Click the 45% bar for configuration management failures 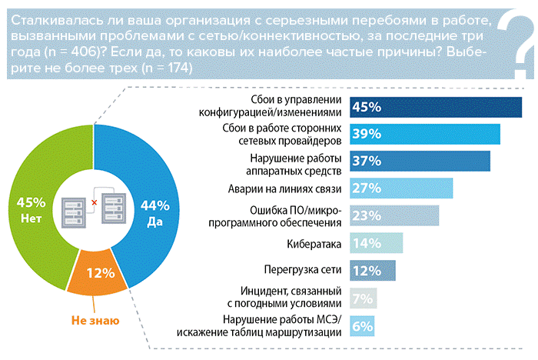[x=436, y=107]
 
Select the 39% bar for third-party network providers [x=425, y=134]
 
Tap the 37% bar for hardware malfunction [x=420, y=161]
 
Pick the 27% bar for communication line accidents [x=401, y=188]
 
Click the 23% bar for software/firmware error [x=394, y=215]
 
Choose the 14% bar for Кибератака [x=377, y=244]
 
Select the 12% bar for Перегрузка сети [x=373, y=271]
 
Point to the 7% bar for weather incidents [x=364, y=298]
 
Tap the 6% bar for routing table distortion [x=362, y=325]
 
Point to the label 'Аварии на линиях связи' [x=284, y=188]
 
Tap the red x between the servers [x=94, y=203]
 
